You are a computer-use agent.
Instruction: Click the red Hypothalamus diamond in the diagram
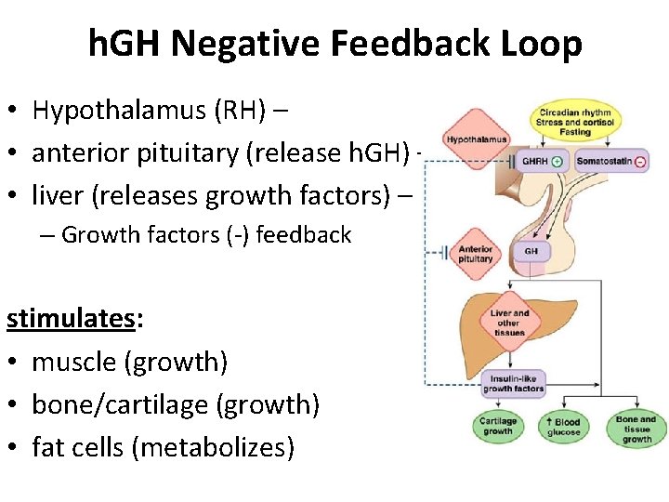click(x=476, y=139)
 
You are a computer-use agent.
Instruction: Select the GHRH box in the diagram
click(x=543, y=162)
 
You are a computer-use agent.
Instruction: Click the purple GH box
click(x=531, y=251)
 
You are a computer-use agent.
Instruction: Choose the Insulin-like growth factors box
click(x=513, y=384)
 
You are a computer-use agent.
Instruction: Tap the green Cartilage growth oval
click(x=498, y=427)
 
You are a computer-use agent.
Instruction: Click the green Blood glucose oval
click(x=564, y=427)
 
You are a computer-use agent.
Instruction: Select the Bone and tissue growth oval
click(x=636, y=429)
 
